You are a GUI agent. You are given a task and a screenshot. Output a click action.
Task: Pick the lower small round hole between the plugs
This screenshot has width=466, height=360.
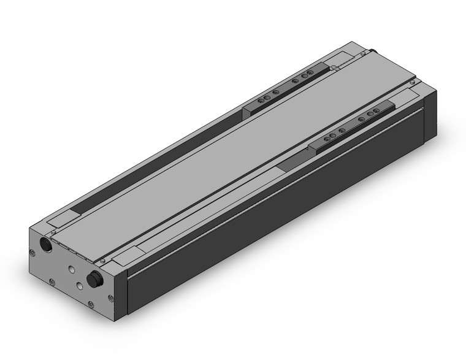pos(80,285)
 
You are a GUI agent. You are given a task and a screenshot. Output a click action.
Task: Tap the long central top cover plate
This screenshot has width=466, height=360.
pos(245,147)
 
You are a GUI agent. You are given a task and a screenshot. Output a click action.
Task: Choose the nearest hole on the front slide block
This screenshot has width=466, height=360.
pos(327,140)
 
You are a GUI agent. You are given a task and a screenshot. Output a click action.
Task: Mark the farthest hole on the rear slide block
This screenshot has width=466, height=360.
pos(310,74)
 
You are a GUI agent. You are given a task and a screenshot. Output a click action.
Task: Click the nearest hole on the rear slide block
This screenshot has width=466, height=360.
pos(261,101)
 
